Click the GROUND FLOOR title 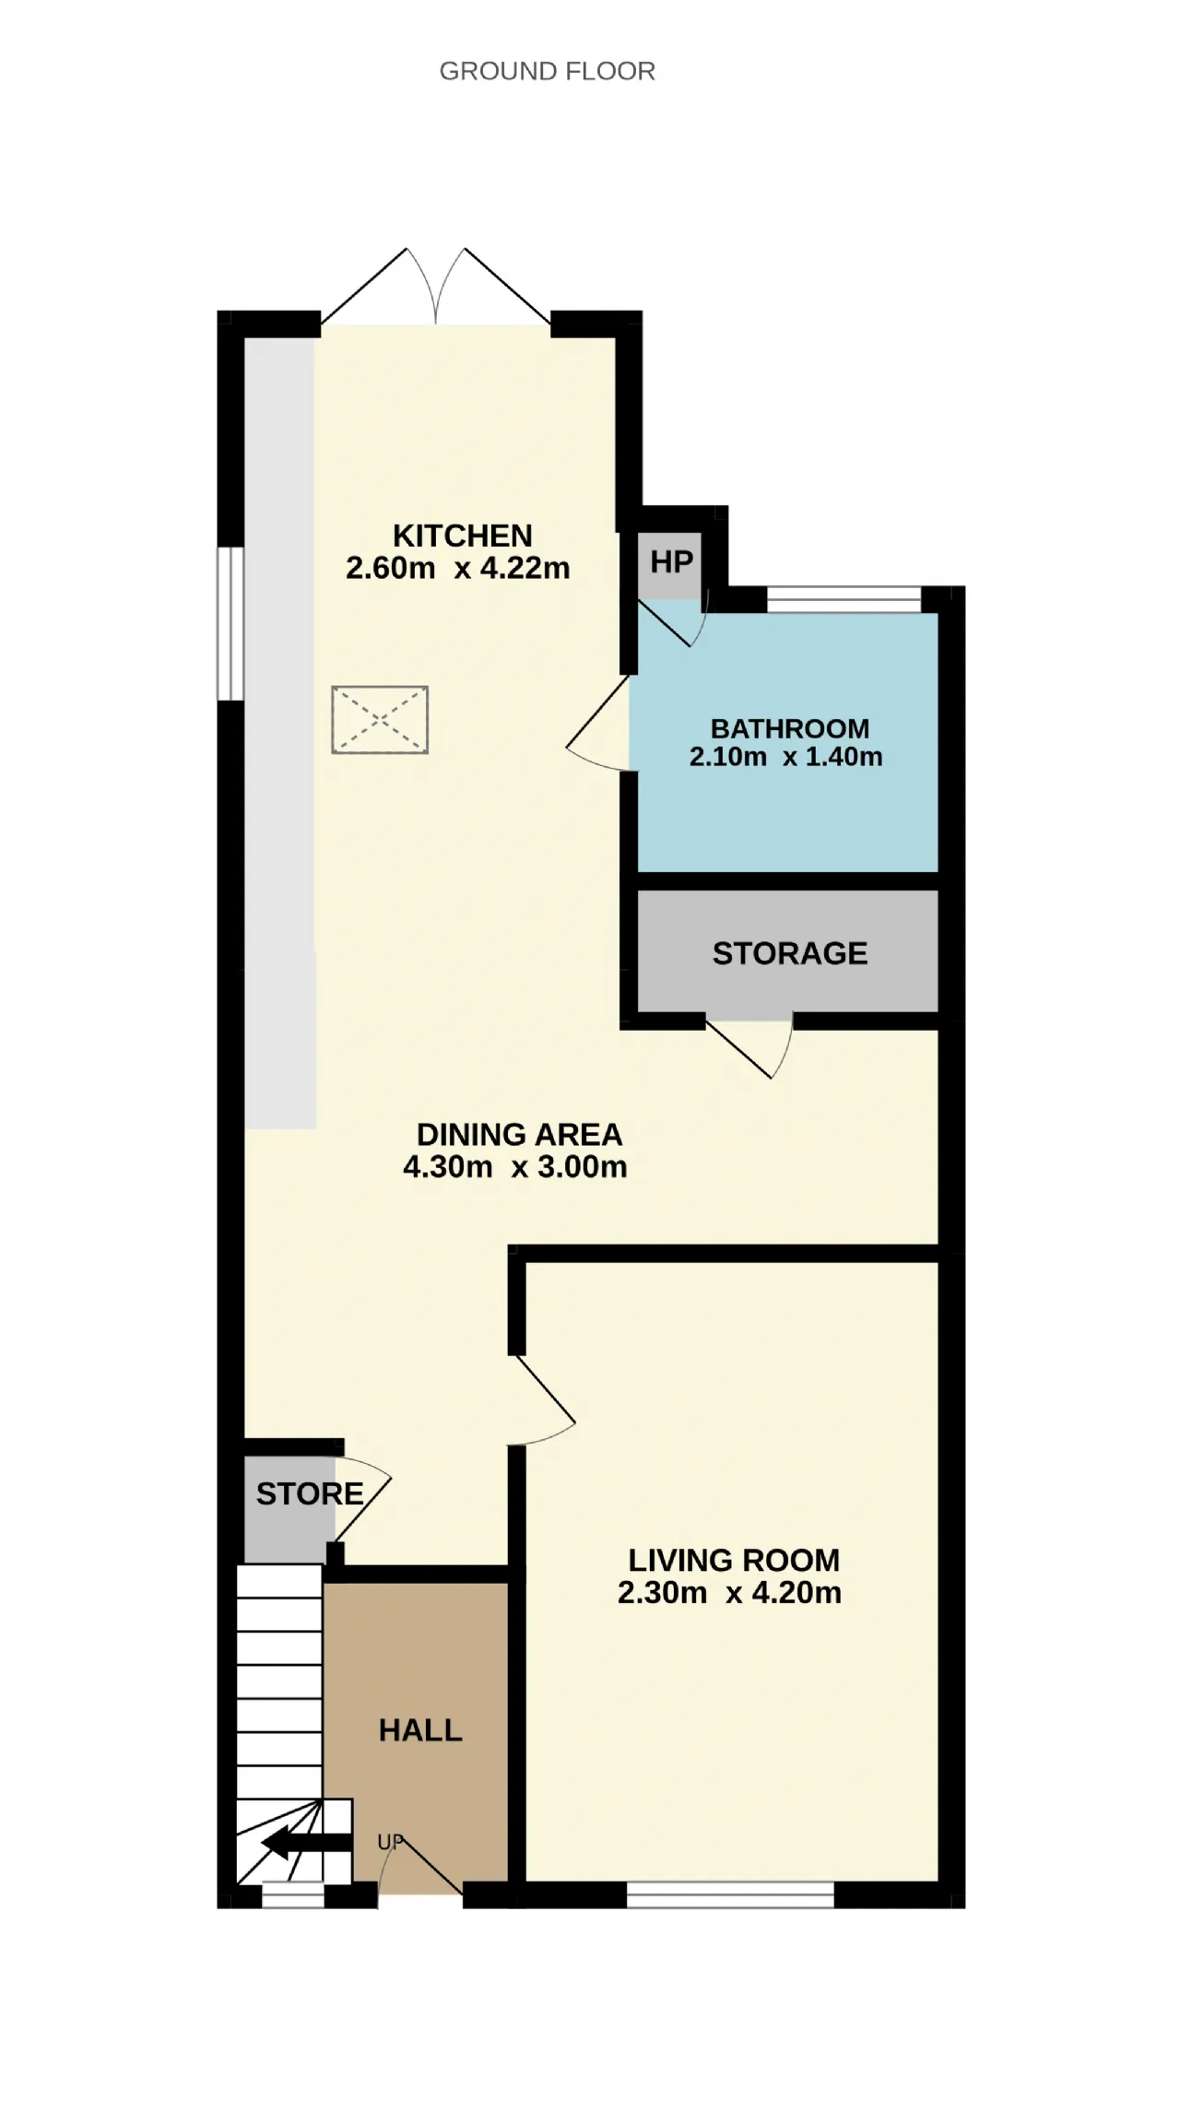coord(547,71)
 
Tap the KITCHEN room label coord(463,536)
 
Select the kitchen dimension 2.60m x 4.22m coord(458,568)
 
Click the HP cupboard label coord(671,561)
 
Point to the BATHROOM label coord(790,728)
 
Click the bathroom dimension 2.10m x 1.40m coord(786,757)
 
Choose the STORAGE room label coord(790,953)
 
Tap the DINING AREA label coord(520,1134)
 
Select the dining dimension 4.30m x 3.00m coord(515,1166)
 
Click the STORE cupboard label coord(310,1493)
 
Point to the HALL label coord(420,1730)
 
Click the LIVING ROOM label coord(734,1560)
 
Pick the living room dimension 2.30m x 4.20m coord(729,1592)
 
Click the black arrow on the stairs coord(307,1844)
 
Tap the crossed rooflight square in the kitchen coord(380,719)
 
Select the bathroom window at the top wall coord(844,599)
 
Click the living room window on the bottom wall coord(730,1895)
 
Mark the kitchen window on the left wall coord(230,624)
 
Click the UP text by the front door coord(390,1842)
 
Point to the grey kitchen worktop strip coord(280,733)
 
